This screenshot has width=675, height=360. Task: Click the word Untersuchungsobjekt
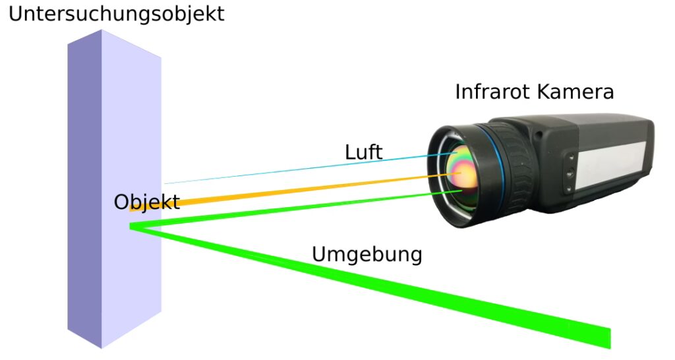point(116,14)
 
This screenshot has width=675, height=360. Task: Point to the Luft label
point(363,152)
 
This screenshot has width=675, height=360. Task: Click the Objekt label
point(146,202)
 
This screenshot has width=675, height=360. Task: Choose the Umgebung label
point(367,255)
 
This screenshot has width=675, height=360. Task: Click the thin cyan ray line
point(297,169)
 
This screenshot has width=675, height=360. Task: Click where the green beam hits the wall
point(133,227)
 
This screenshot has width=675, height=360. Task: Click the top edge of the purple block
point(115,41)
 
